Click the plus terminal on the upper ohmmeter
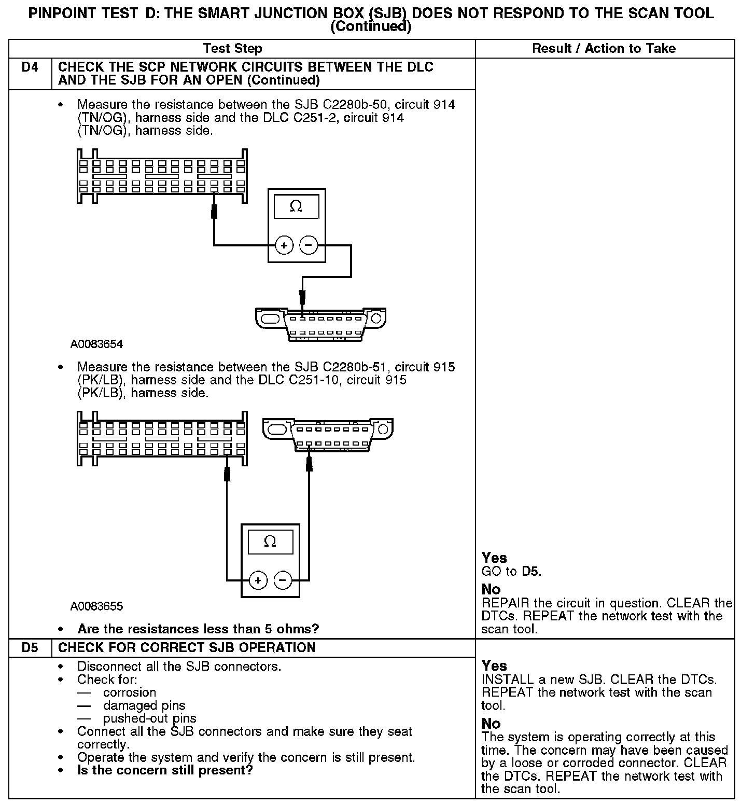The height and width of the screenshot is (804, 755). point(284,245)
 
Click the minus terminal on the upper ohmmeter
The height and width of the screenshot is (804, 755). point(309,245)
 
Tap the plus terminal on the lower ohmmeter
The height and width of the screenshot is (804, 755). point(258,580)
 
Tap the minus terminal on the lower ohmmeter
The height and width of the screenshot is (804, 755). point(283,580)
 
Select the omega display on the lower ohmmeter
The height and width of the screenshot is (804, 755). point(270,542)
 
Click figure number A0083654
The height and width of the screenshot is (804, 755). point(97,344)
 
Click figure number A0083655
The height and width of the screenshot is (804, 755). point(97,606)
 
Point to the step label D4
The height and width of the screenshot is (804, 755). point(30,67)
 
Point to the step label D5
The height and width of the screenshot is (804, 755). point(30,648)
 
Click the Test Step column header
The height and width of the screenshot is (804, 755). point(233,49)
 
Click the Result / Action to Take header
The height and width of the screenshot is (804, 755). point(604,49)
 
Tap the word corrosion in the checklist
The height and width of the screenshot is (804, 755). point(130,692)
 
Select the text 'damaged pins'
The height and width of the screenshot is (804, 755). point(144,705)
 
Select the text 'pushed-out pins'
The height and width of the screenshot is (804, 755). point(150,718)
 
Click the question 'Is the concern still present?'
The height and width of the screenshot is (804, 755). point(165,770)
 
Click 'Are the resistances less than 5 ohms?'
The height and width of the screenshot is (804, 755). point(198,629)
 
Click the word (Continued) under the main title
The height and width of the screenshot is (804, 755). point(371,27)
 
